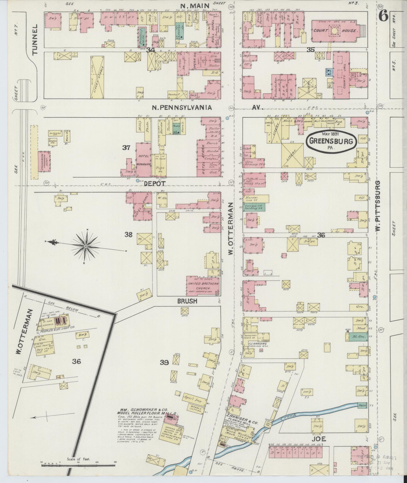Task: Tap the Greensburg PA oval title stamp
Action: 331,141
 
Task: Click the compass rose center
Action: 86,246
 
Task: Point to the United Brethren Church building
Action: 203,286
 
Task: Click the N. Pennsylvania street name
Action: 182,108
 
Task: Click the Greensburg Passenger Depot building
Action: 44,162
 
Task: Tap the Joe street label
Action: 319,439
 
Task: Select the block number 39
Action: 164,363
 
